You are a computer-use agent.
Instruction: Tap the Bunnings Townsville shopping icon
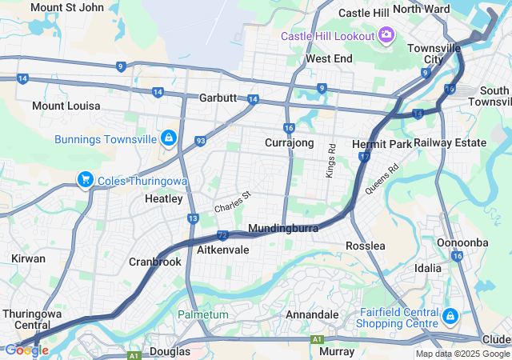168,139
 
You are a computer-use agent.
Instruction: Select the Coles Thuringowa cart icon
85,179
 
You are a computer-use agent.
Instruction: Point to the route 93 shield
200,142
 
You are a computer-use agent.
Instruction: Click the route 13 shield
193,218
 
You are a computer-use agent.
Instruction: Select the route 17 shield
364,157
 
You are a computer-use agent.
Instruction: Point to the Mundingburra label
283,229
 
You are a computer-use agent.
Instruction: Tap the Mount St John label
67,7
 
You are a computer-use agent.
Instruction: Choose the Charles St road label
232,201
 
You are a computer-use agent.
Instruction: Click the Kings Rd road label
331,160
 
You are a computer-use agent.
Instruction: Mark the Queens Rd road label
382,180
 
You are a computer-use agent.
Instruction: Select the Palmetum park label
203,314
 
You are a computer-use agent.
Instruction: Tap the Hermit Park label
382,144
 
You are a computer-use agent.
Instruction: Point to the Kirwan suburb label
28,259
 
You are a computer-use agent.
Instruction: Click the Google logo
26,350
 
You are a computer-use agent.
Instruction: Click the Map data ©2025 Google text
462,354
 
